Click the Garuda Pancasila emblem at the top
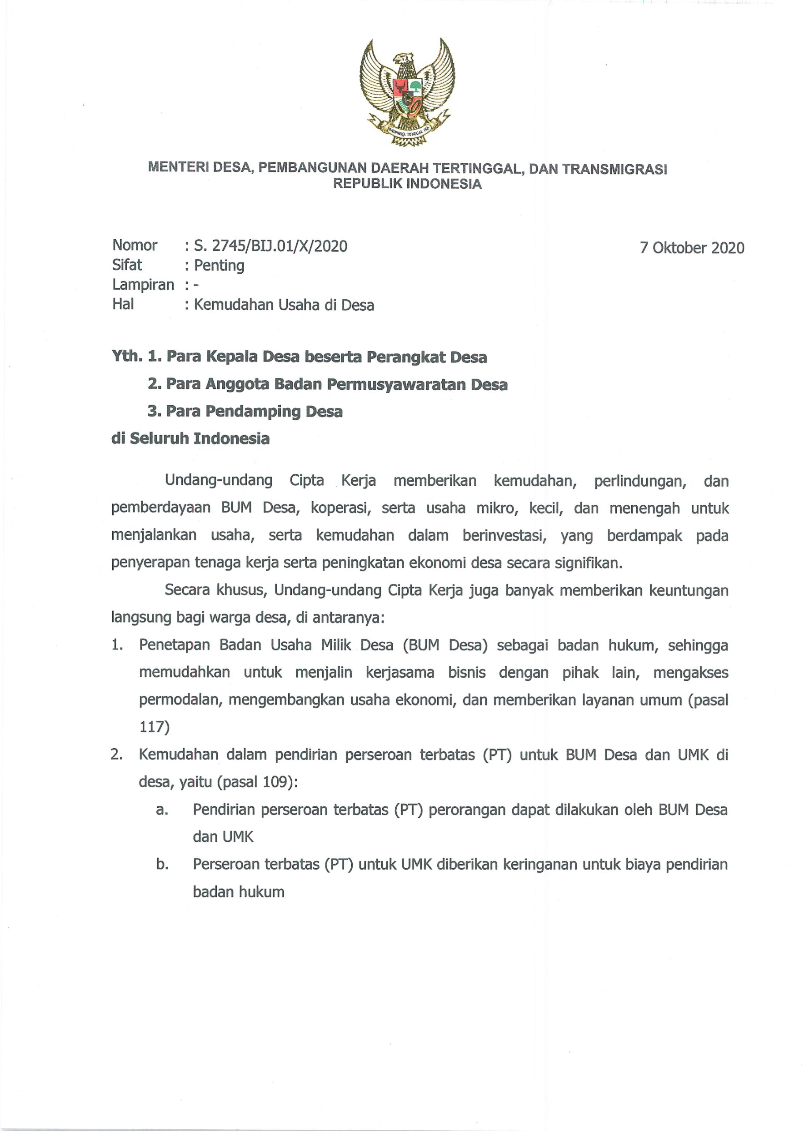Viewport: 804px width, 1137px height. (407, 92)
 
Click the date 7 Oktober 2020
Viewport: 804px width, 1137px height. (692, 248)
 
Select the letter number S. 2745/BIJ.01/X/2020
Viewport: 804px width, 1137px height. (270, 246)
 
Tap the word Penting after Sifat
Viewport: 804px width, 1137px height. (219, 266)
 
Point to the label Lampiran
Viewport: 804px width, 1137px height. (143, 285)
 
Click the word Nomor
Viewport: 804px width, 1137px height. (135, 245)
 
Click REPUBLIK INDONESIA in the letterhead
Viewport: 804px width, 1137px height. (407, 184)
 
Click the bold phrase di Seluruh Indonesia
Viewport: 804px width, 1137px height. (190, 439)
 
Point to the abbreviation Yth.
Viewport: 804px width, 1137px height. (127, 357)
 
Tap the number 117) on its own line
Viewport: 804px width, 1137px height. (155, 727)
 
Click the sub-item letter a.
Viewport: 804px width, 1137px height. (162, 810)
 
